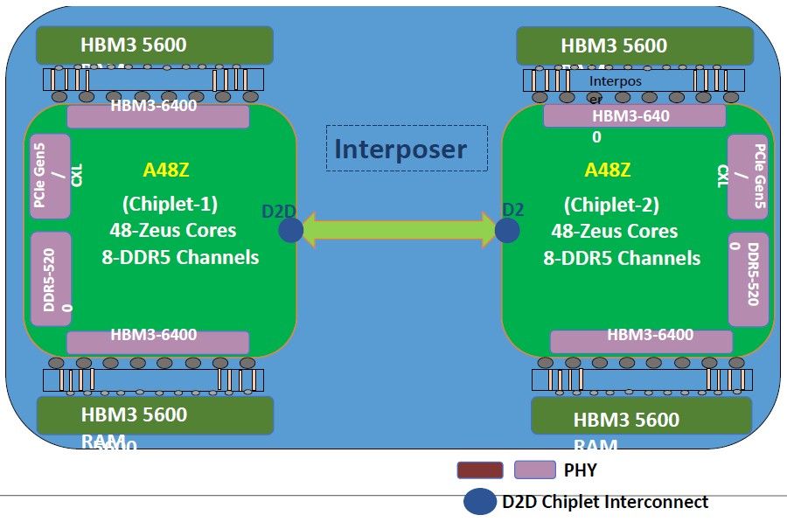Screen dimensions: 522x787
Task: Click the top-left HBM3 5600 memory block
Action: [x=155, y=45]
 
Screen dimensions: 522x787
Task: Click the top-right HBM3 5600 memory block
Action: [x=634, y=45]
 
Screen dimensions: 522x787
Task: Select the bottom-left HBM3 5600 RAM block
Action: [x=155, y=415]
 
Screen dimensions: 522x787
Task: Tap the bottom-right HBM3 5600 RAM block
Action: [x=641, y=416]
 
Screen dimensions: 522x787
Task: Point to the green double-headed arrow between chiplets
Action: [x=399, y=230]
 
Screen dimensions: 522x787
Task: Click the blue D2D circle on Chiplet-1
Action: [x=291, y=230]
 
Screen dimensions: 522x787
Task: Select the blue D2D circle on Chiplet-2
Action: [x=507, y=230]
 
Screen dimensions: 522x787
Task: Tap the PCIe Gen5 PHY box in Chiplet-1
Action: [x=50, y=177]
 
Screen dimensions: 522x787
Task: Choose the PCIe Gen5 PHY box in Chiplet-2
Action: [x=748, y=177]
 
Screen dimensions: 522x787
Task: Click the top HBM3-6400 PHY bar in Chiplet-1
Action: [x=158, y=115]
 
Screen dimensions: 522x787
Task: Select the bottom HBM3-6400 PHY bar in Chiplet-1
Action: [x=158, y=342]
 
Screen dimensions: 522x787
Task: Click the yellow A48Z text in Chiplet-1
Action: [x=166, y=170]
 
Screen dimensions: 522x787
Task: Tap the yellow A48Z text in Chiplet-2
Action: [x=608, y=170]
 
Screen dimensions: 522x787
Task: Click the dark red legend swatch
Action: [x=480, y=470]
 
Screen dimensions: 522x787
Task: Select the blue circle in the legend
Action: [x=480, y=502]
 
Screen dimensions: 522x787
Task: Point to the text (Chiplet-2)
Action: [x=610, y=205]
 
